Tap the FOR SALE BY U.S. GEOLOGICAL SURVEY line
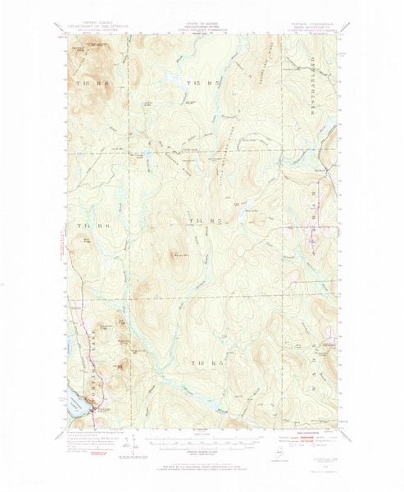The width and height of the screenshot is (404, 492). [x=202, y=461]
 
